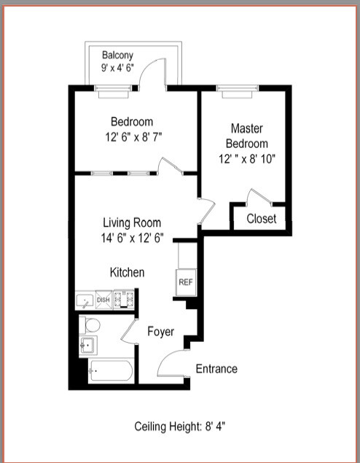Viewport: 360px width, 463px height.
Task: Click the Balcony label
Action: coord(117,55)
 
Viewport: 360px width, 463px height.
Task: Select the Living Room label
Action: coord(132,222)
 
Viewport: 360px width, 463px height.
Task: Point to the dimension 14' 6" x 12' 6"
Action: coord(132,237)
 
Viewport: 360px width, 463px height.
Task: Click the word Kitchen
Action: coord(127,272)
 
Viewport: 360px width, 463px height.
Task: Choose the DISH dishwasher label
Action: coord(103,300)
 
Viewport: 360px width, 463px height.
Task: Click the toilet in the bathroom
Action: coord(90,323)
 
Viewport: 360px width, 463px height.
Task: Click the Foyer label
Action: coord(160,332)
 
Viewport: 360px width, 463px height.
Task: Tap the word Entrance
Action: coord(216,369)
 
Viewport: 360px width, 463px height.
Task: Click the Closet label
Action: coord(261,219)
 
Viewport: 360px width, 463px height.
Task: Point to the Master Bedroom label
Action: coord(246,135)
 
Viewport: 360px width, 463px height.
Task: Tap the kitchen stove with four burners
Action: coord(126,299)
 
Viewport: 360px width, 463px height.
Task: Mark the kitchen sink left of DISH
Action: coord(85,300)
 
